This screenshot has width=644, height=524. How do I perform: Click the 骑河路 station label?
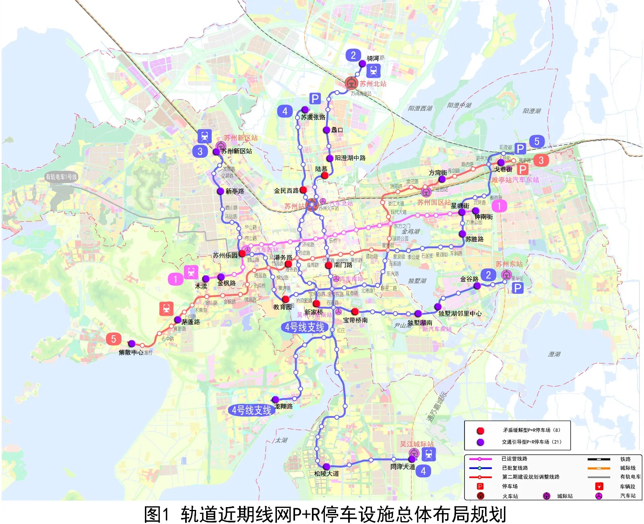tap(375, 58)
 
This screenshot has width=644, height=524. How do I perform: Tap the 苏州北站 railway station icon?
tap(352, 83)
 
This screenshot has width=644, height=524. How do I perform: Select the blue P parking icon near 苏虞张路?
tap(315, 99)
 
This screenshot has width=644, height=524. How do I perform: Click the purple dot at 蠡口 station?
tap(327, 130)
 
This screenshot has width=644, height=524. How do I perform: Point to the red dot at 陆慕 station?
tap(325, 175)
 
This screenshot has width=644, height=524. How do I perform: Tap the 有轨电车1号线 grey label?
tap(61, 177)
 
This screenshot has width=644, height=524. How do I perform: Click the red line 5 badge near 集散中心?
tap(114, 339)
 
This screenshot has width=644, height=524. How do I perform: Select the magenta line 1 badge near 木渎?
tap(175, 279)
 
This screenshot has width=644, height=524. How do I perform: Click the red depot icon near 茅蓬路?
tap(166, 309)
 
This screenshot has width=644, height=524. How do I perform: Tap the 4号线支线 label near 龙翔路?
tap(252, 410)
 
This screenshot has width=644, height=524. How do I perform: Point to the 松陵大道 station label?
tap(326, 474)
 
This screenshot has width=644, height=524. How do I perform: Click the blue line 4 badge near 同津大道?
tap(423, 471)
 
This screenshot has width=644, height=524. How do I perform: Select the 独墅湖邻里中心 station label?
tap(460, 314)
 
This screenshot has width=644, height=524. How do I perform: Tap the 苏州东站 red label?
tap(509, 264)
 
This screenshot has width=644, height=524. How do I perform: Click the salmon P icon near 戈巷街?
tap(522, 169)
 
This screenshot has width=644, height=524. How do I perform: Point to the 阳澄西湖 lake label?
tap(420, 108)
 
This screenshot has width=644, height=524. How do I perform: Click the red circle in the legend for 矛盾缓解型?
tap(480, 431)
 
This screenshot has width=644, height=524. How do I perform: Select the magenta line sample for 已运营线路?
tap(480, 459)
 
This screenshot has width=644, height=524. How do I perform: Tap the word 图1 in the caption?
tap(157, 514)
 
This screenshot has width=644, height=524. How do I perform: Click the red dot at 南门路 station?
tap(329, 265)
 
